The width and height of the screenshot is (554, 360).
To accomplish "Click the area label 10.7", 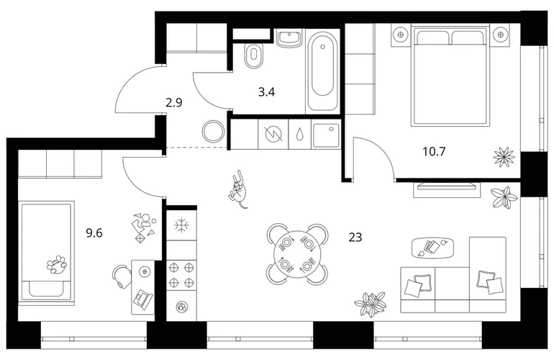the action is [x=435, y=152].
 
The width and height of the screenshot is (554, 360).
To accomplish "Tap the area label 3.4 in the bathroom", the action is [x=266, y=92].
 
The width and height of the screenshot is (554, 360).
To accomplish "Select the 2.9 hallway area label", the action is [x=174, y=103].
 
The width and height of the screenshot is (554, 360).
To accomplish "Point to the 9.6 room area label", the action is [x=94, y=233].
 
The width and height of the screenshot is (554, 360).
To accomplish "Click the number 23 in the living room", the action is [x=355, y=237].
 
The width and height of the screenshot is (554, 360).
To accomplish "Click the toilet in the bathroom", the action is [x=253, y=55].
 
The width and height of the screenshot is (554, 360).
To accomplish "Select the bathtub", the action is [x=322, y=72].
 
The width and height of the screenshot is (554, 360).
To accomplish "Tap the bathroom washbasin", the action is [x=289, y=39].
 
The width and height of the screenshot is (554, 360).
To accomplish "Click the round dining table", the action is [x=298, y=254].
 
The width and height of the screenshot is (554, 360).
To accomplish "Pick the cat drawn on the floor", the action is [x=238, y=189].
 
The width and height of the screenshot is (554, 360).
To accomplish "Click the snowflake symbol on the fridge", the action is [x=181, y=225].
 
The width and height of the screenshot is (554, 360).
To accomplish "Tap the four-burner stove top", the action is [x=181, y=275].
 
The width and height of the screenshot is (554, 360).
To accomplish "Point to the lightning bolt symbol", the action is [x=274, y=134].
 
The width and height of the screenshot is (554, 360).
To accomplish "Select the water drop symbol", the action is [x=300, y=134].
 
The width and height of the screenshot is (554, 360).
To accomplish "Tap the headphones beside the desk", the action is [x=120, y=276].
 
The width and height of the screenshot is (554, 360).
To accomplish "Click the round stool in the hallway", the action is [x=213, y=131].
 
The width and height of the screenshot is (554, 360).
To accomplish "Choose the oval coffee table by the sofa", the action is [x=433, y=247].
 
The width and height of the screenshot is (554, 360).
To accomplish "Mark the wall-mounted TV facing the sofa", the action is [x=447, y=189].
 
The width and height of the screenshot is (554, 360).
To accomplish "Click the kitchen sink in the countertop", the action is [x=326, y=135].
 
